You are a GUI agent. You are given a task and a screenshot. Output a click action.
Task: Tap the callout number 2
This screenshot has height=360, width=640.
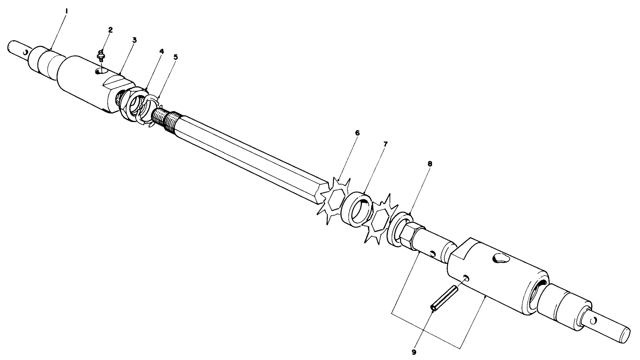click(x=111, y=30)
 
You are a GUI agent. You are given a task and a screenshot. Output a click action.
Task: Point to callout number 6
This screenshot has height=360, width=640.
click(x=357, y=133)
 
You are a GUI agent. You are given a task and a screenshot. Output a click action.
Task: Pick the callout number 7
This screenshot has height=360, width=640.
click(x=385, y=144)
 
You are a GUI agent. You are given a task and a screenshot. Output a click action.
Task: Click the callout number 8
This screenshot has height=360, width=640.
click(x=430, y=164)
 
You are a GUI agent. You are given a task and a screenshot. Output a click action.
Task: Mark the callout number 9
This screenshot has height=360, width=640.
click(x=414, y=352)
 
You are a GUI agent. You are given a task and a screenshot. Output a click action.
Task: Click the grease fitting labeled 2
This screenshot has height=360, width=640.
click(x=101, y=56)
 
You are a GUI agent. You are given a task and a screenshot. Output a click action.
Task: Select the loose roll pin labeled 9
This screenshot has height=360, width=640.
click(x=444, y=297)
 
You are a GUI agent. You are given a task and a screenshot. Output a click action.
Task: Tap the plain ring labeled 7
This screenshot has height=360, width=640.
click(x=357, y=208)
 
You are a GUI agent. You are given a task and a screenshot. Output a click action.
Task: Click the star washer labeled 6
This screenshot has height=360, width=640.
click(x=334, y=199)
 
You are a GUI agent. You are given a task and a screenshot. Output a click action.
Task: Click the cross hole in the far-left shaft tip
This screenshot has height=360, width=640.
click(x=26, y=53)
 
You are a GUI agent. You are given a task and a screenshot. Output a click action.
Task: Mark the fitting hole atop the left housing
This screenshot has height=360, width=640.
click(x=99, y=71)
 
